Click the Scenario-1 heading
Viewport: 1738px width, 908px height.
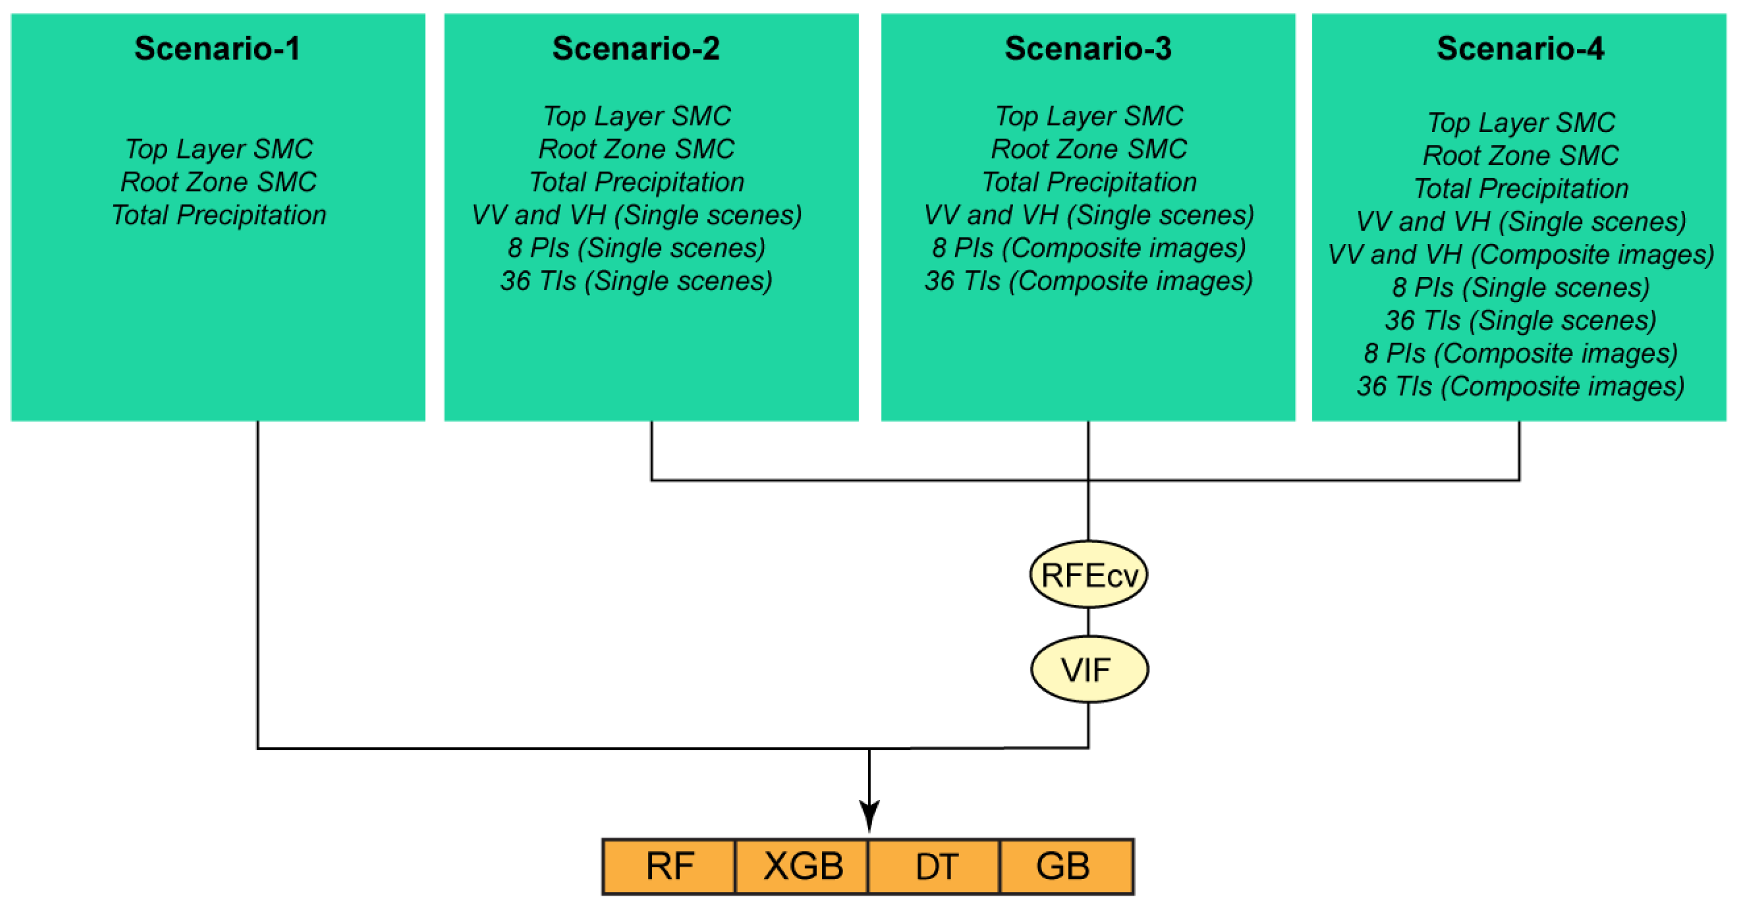coord(217,48)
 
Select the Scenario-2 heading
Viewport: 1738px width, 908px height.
coord(636,48)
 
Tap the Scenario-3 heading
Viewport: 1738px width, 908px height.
coord(1088,48)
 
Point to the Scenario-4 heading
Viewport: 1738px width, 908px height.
coord(1520,48)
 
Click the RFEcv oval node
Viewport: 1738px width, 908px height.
coord(1088,575)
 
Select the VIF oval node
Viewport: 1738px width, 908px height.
coord(1088,669)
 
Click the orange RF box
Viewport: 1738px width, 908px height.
coord(669,866)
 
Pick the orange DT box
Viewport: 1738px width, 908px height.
coord(935,866)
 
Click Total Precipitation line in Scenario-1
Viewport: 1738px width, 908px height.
coord(218,215)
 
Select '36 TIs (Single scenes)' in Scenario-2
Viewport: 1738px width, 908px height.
coord(636,281)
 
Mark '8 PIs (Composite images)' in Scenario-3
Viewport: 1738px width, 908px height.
coord(1088,247)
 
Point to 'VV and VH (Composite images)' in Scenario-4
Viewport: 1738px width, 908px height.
coord(1520,255)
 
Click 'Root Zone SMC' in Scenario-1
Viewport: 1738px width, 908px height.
coord(218,182)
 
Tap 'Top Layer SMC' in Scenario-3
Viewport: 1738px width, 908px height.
coord(1088,116)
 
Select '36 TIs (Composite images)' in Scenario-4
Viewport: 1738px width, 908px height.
coord(1520,387)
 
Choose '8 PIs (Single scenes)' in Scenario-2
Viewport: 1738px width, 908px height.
coord(636,247)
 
